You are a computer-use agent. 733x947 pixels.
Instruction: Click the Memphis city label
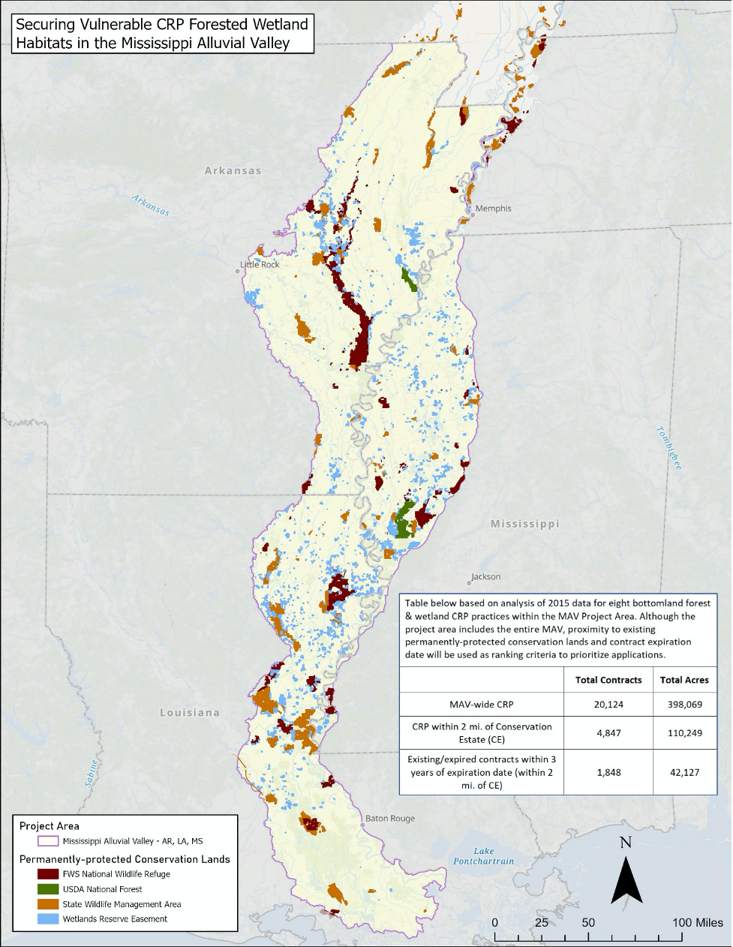tap(493, 209)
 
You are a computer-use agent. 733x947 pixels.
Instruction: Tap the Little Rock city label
tap(260, 265)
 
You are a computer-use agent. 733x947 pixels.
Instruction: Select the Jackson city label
tap(485, 577)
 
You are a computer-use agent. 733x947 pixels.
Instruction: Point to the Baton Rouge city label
tap(390, 819)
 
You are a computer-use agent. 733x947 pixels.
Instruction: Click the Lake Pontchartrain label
tap(484, 856)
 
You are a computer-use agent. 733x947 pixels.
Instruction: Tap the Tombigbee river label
tap(668, 448)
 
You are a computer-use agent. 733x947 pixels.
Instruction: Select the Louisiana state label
tap(190, 712)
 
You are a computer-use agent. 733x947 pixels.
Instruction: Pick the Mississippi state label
tap(524, 524)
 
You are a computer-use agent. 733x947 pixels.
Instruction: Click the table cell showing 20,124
tap(608, 704)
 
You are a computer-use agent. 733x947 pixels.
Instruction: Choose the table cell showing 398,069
tap(684, 704)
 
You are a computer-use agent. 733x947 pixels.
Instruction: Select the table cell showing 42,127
tap(684, 771)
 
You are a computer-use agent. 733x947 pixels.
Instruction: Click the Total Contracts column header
tap(608, 680)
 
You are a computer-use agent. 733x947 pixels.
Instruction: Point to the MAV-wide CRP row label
tap(481, 704)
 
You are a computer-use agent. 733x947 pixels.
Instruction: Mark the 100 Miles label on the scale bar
tap(698, 922)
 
